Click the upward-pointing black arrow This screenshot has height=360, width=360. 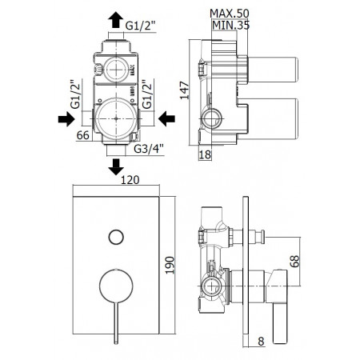coord(116,19)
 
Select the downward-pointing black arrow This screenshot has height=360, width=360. coord(116,166)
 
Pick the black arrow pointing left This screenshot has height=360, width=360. coord(166,119)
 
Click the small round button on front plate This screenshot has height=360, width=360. coord(116,236)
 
